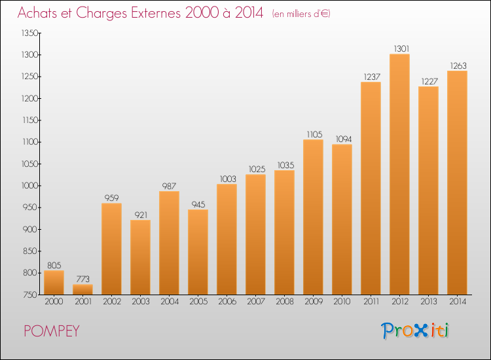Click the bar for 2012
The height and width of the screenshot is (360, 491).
(399, 174)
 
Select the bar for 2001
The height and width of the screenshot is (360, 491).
(82, 289)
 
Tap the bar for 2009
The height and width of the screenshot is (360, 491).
(313, 217)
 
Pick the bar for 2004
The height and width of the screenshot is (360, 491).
(169, 242)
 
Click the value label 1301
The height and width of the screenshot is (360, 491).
(399, 48)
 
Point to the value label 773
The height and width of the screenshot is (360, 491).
(82, 279)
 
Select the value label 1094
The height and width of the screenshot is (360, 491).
(342, 139)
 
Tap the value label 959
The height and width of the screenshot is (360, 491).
(111, 198)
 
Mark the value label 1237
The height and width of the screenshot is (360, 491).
(371, 77)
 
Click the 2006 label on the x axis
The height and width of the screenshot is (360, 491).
(227, 302)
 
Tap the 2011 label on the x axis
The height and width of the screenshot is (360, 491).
(371, 302)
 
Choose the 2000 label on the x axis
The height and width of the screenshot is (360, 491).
(54, 302)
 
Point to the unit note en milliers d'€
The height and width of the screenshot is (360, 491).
(301, 14)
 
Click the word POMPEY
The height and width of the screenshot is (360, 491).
(52, 331)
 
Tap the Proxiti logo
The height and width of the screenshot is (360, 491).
(416, 331)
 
